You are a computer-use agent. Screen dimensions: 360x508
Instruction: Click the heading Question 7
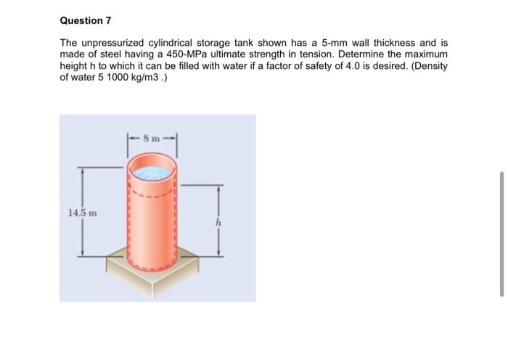86,20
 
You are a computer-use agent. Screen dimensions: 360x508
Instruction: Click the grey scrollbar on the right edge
501,232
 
